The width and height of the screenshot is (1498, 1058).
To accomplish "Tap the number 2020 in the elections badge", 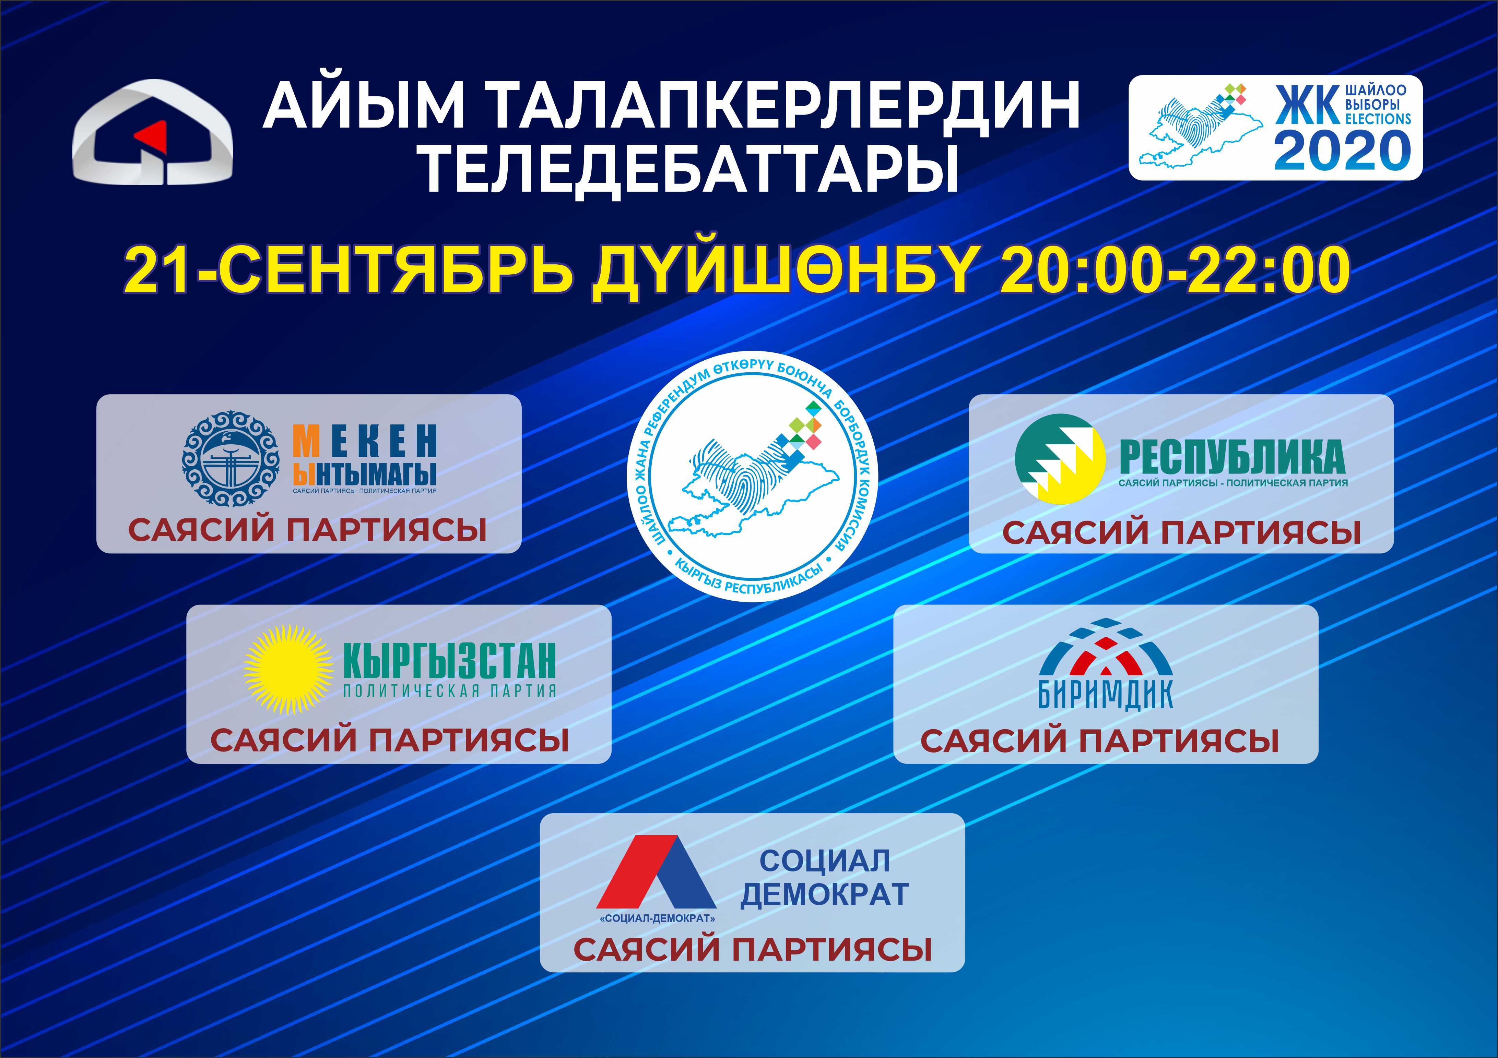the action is click(x=1342, y=150).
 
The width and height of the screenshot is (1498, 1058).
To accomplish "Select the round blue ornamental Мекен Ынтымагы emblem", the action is click(x=230, y=459).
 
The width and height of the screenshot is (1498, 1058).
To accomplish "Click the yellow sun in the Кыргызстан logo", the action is click(x=288, y=669).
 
